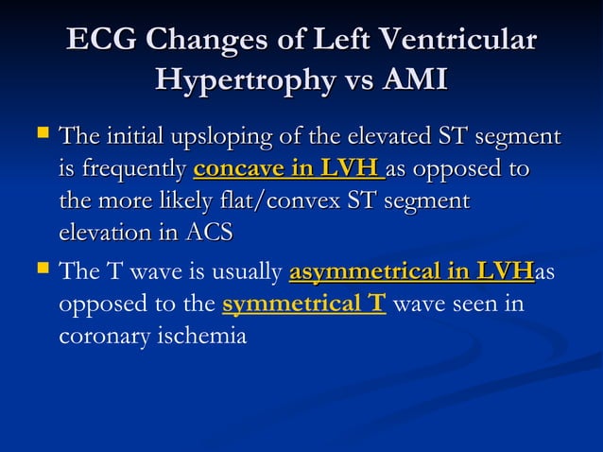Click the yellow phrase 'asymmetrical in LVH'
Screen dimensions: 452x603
pos(411,274)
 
